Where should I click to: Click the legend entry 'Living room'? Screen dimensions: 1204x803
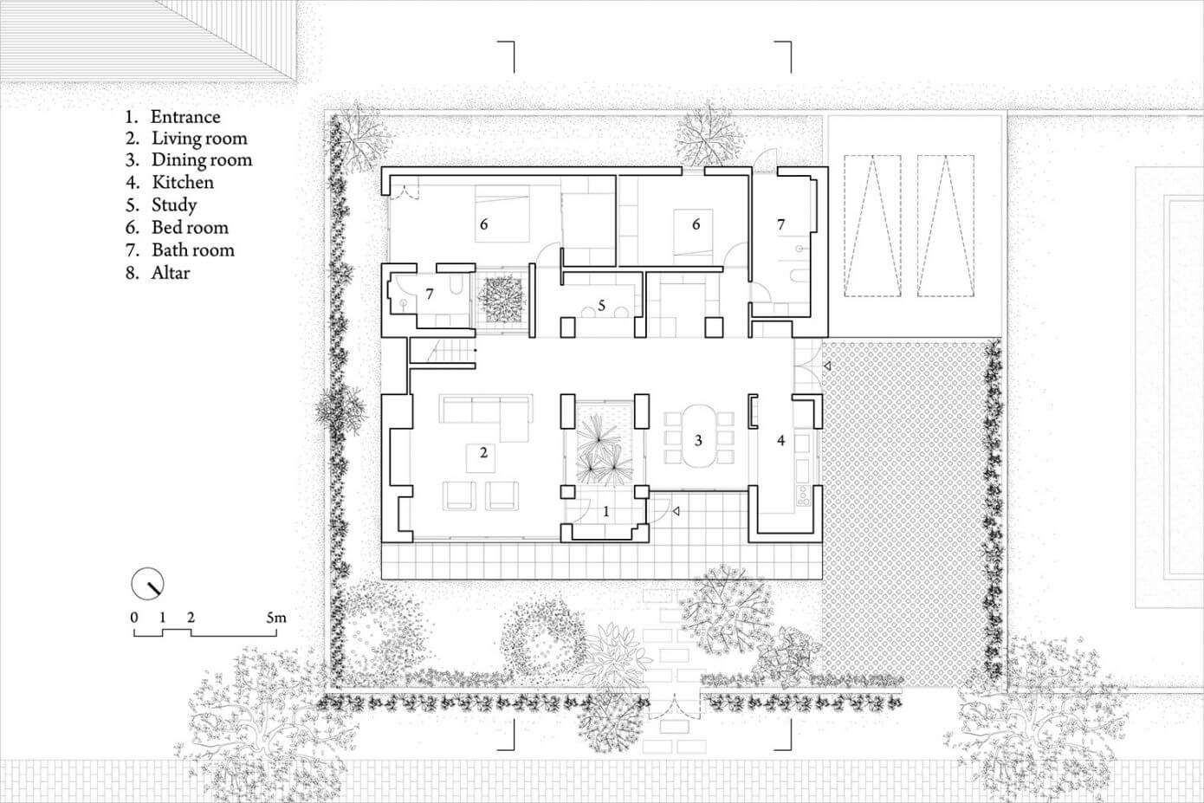(199, 138)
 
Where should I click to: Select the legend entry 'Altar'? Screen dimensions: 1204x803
(171, 273)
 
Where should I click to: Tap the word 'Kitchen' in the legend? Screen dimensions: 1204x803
(183, 182)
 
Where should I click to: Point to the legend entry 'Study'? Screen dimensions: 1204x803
(174, 205)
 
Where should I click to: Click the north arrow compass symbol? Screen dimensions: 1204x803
(147, 584)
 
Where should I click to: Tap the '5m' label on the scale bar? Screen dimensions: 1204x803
(276, 618)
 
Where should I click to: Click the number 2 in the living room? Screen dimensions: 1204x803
(483, 452)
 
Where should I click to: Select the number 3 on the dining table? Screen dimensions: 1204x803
(698, 441)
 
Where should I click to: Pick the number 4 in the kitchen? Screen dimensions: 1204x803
(781, 441)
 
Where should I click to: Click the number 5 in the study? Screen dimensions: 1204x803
(601, 305)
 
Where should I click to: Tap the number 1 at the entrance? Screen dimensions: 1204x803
(606, 512)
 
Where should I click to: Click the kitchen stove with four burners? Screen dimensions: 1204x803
(803, 495)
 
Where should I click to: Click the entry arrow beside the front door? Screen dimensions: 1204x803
(676, 511)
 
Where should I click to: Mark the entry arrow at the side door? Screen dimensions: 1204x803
(828, 366)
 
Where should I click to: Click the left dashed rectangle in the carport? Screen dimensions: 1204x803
(873, 226)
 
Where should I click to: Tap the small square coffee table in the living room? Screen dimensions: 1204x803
(481, 458)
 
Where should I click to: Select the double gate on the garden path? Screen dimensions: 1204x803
(674, 706)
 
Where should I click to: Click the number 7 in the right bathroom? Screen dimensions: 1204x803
(781, 224)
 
